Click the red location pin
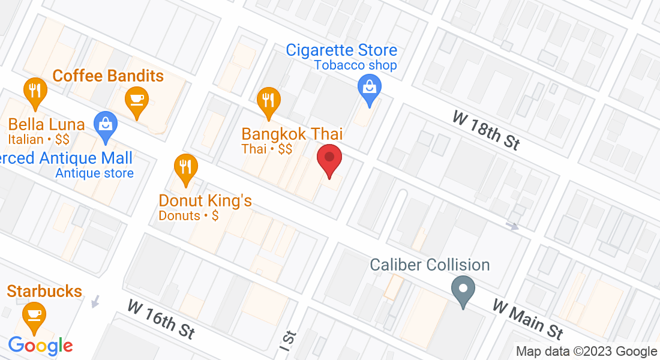point(329,158)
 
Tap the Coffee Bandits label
point(108,76)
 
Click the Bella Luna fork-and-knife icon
point(35,91)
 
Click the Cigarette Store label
point(341,50)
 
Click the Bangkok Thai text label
point(292,134)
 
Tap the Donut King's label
point(205,200)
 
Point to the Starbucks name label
point(44,292)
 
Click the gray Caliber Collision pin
point(463,289)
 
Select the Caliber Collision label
point(430,265)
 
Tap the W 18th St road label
point(485,131)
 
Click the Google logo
point(40,346)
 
